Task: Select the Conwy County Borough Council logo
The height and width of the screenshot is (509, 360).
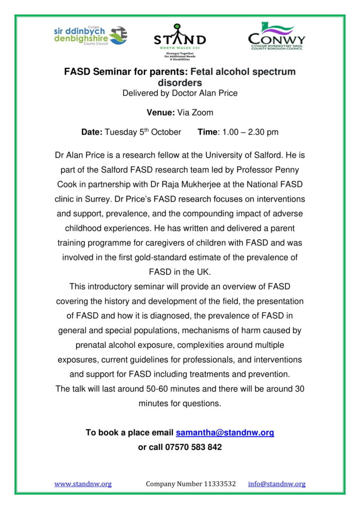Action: click(276, 36)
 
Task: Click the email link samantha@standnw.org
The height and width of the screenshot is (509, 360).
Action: click(225, 432)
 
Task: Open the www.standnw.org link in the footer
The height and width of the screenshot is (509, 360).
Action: click(83, 484)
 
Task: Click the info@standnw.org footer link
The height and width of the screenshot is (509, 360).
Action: click(277, 484)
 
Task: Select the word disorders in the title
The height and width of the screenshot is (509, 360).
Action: click(180, 83)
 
